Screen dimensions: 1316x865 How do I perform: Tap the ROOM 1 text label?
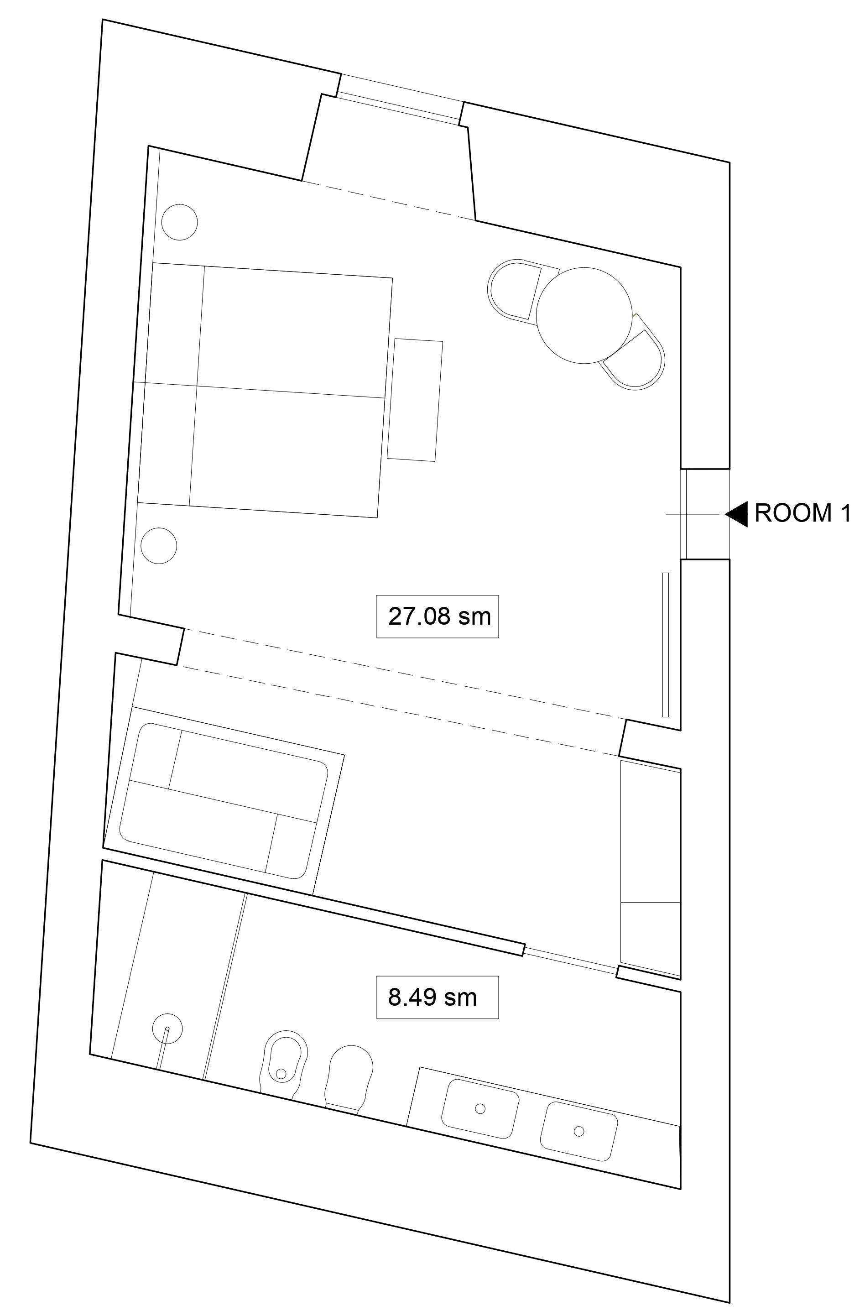(x=802, y=513)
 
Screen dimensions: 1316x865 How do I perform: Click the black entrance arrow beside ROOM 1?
(x=737, y=514)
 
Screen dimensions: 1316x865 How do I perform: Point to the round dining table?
(x=584, y=315)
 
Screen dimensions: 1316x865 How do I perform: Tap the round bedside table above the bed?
(x=180, y=222)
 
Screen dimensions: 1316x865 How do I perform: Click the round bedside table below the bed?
(x=159, y=546)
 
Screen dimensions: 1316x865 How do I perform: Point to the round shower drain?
(x=167, y=1029)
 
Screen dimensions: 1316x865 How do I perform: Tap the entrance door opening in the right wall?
(x=705, y=514)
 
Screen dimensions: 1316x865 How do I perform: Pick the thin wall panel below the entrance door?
(x=666, y=645)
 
